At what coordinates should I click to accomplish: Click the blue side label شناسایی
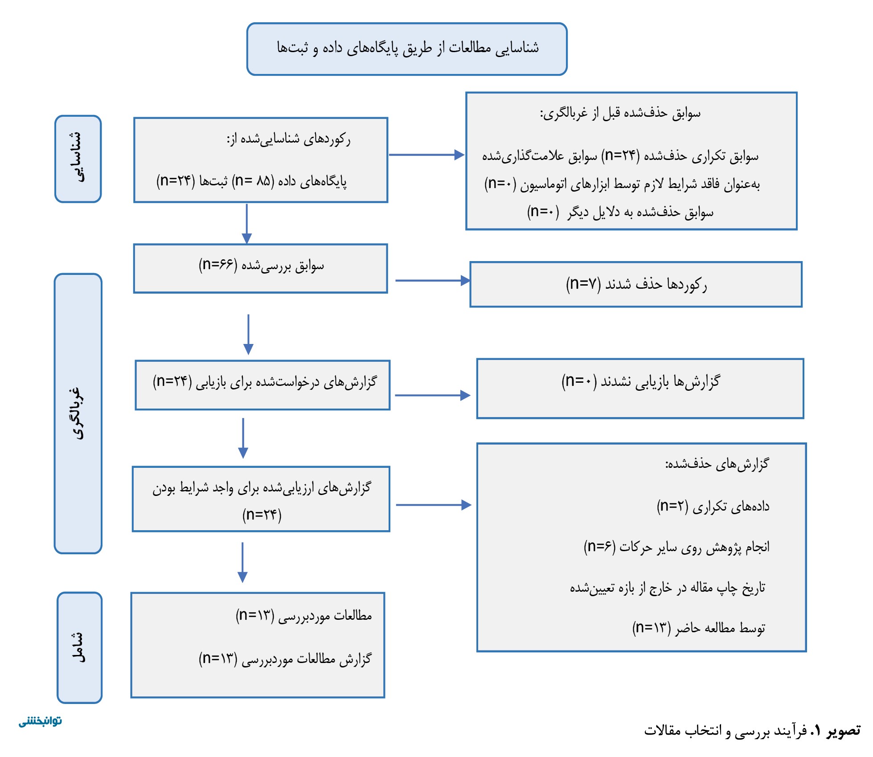click(78, 159)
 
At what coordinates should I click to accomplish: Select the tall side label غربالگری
click(78, 413)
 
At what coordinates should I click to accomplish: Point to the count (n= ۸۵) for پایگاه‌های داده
click(253, 181)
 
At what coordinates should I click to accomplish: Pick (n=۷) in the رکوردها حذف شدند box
click(583, 284)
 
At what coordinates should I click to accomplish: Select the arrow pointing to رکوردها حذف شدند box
click(433, 281)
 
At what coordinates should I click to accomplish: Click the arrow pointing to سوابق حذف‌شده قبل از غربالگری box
click(427, 155)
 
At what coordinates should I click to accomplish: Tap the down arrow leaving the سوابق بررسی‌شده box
click(248, 335)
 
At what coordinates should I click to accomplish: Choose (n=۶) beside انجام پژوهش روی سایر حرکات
click(600, 546)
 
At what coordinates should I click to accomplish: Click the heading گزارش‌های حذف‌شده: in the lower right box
click(717, 464)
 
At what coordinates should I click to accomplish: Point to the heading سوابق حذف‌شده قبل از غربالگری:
click(620, 113)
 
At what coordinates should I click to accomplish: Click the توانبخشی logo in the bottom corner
click(40, 721)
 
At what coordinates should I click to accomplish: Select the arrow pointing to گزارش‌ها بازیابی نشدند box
click(433, 395)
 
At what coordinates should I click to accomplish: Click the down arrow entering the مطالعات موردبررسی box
click(242, 563)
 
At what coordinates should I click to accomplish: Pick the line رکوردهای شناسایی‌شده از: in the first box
click(289, 139)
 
